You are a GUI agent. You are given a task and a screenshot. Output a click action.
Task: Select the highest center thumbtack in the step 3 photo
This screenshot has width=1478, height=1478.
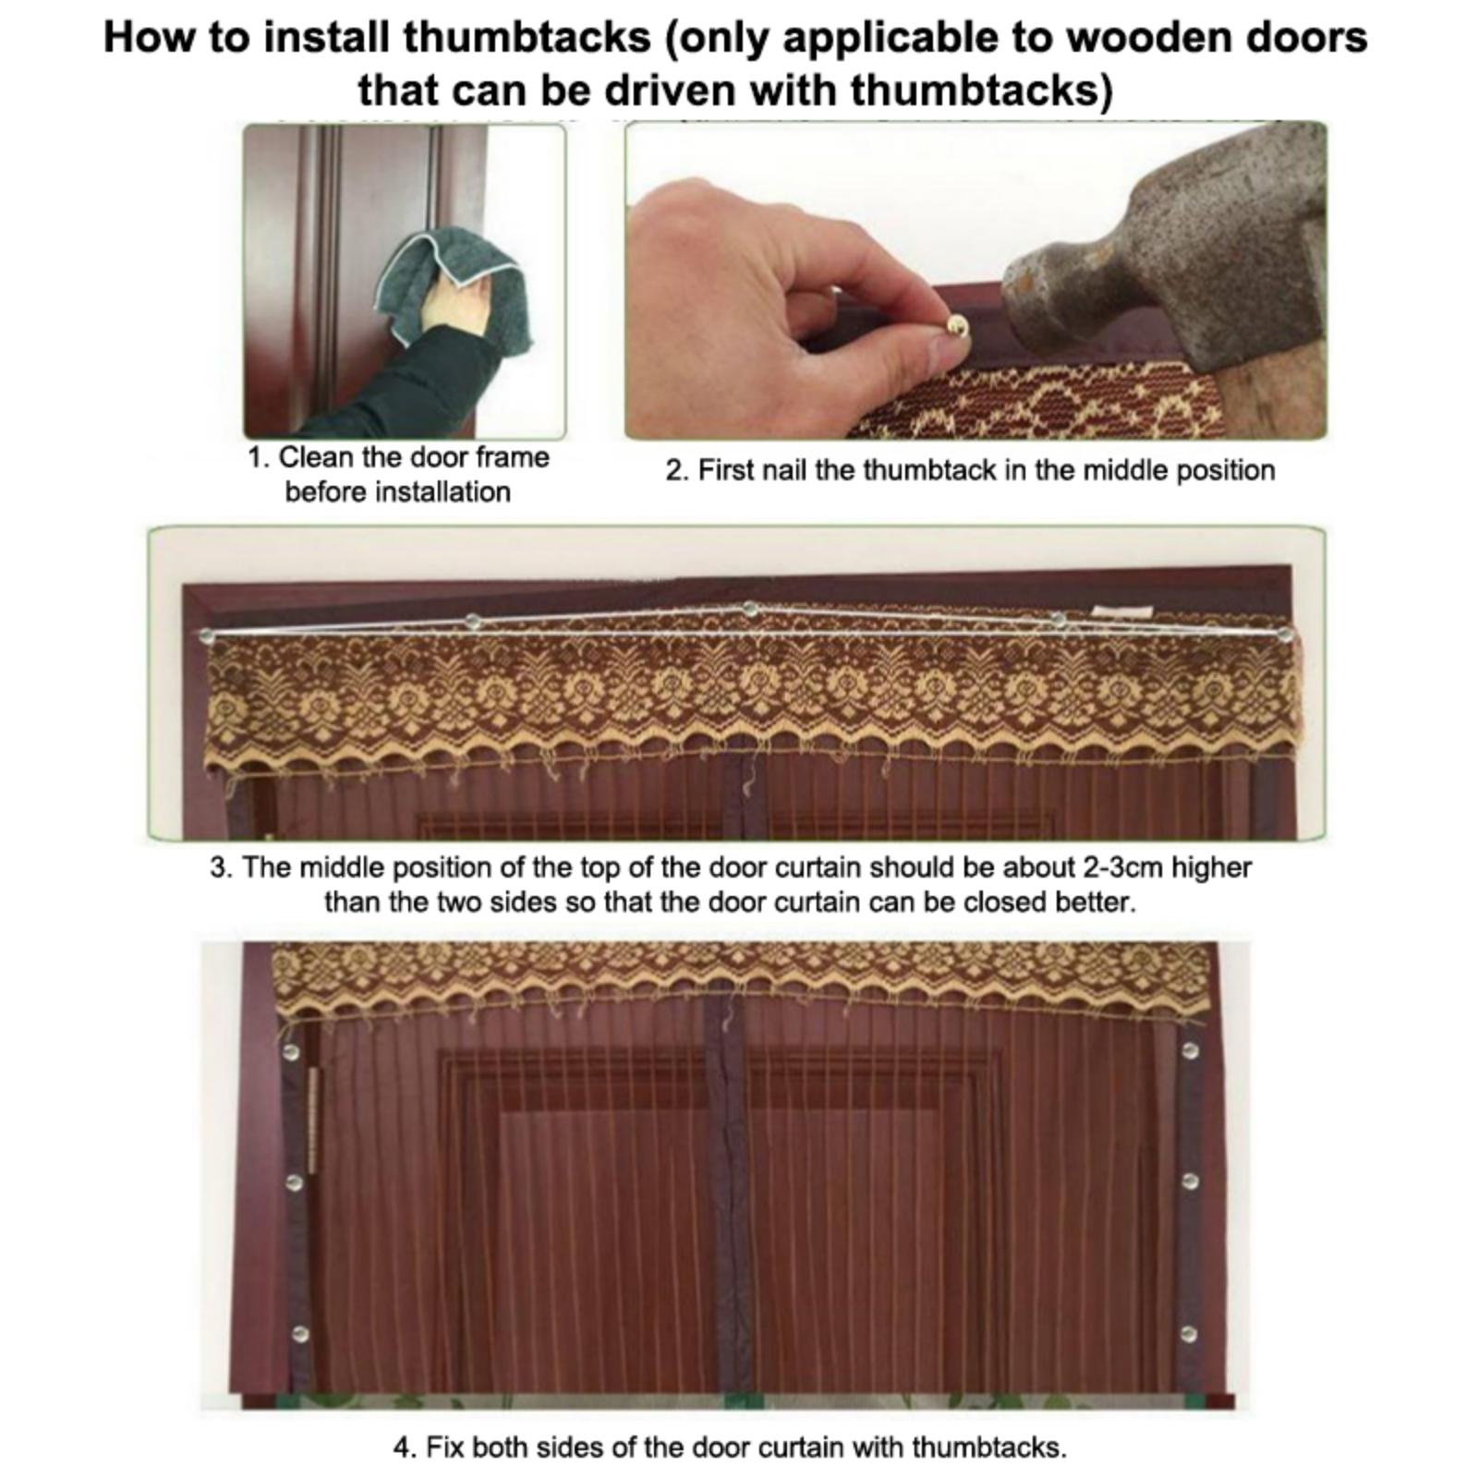[750, 609]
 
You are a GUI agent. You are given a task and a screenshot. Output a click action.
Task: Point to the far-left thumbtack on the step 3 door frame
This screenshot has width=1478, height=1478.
[207, 636]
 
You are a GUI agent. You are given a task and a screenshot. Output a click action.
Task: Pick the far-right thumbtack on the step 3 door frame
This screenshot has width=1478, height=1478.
[1285, 635]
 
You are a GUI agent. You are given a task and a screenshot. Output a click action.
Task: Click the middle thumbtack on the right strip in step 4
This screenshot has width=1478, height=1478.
[1191, 1181]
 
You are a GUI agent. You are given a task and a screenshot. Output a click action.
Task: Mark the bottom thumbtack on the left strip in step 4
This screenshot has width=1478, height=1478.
[298, 1334]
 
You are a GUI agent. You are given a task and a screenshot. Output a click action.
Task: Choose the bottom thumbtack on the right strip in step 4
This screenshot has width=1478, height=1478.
[1190, 1334]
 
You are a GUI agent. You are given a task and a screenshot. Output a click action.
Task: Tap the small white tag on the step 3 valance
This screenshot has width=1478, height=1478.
[1122, 612]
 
